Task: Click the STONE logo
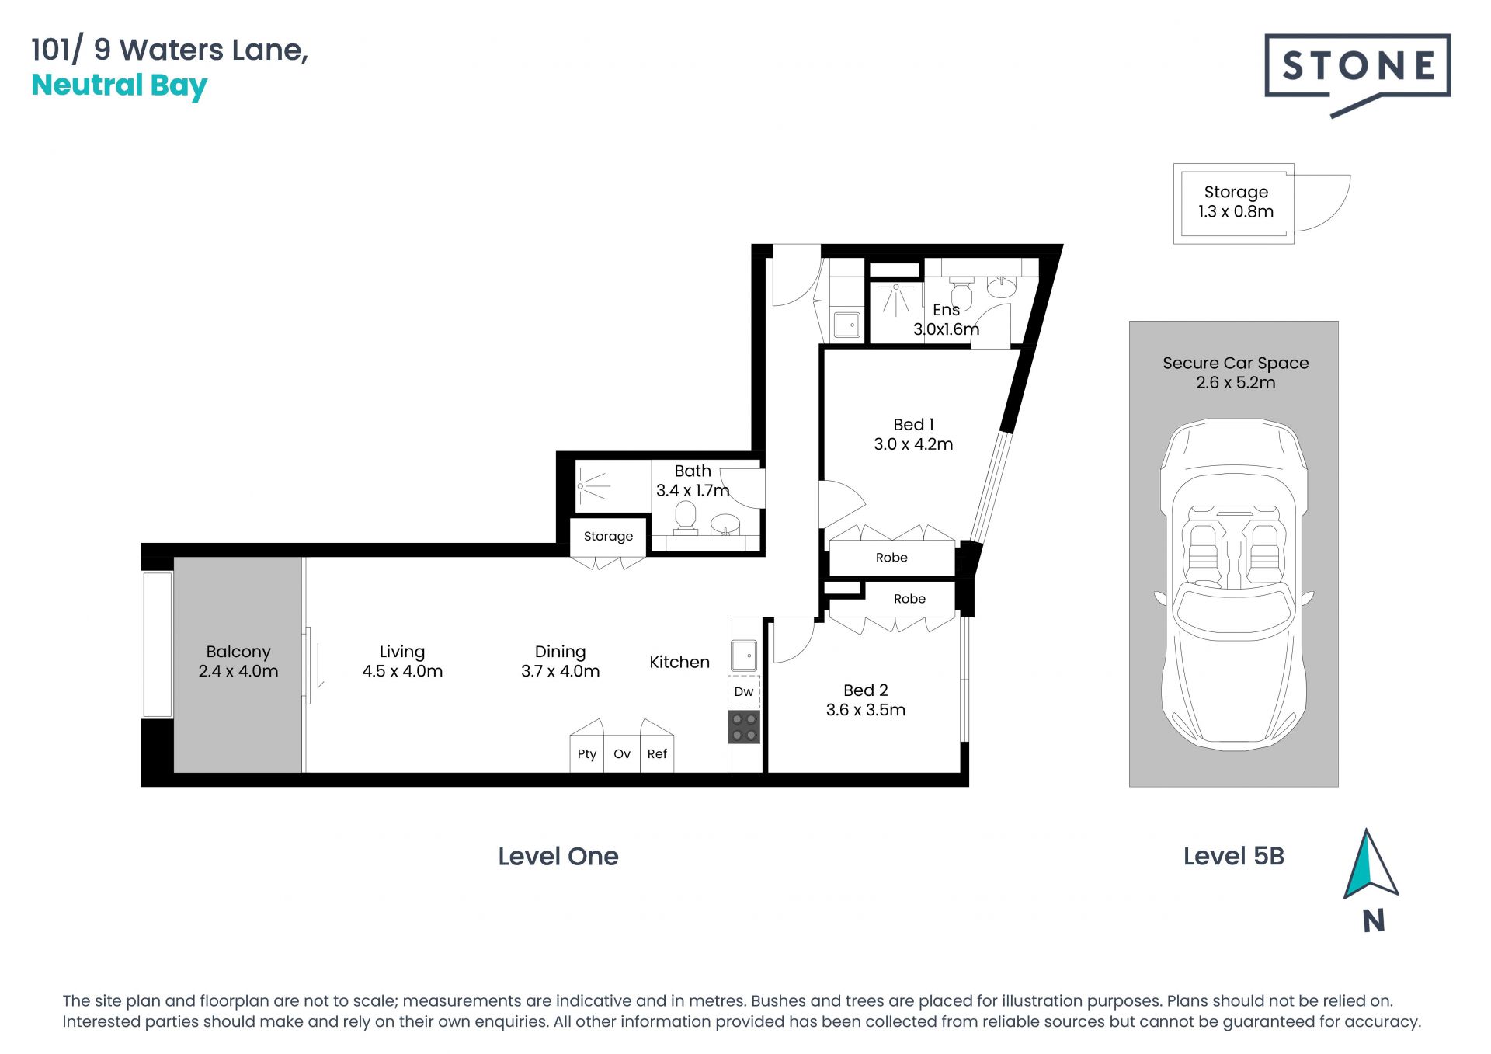tap(1357, 73)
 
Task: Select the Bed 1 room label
tap(913, 425)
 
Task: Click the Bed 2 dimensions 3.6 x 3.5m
tap(866, 710)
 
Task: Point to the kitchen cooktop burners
tap(744, 727)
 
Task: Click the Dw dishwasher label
tap(744, 691)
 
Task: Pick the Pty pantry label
tap(587, 754)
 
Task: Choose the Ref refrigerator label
tap(657, 753)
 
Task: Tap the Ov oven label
tap(622, 753)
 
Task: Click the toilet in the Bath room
tap(686, 518)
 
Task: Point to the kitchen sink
tap(744, 656)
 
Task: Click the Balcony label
tap(238, 652)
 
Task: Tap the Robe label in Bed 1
tap(891, 558)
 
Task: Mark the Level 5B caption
tap(1234, 856)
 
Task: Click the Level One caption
tap(558, 856)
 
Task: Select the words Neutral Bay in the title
tap(120, 85)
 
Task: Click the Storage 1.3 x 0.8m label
tap(1236, 201)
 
